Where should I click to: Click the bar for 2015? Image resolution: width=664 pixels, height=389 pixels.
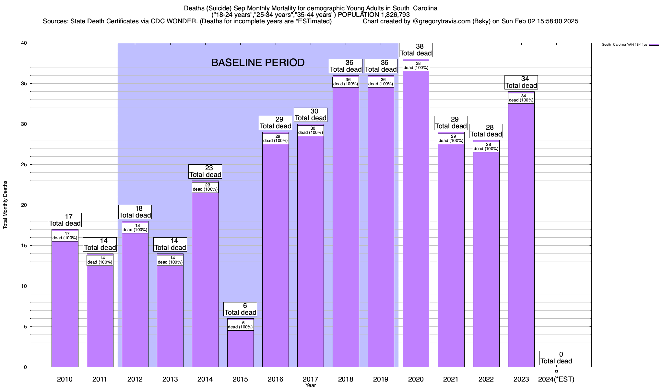(x=240, y=348)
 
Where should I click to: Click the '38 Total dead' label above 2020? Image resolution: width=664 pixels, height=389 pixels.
(x=416, y=50)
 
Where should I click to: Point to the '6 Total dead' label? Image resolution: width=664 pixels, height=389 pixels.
(x=240, y=309)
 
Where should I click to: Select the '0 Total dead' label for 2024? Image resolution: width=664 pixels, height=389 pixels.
(x=556, y=358)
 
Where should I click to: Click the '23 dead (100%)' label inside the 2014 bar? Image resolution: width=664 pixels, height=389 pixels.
(x=205, y=187)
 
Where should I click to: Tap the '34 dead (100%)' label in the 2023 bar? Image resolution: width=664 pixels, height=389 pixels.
(x=521, y=98)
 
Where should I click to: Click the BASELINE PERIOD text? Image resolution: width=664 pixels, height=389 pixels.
(x=258, y=63)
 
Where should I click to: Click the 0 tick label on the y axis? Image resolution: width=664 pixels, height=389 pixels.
(x=25, y=367)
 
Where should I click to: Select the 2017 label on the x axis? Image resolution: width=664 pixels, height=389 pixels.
(x=311, y=379)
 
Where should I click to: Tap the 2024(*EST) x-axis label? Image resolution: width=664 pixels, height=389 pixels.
(x=556, y=379)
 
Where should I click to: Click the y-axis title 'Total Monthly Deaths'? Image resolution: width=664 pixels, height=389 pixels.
(x=5, y=205)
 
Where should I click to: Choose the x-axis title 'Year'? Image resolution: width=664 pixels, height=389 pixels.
(x=310, y=385)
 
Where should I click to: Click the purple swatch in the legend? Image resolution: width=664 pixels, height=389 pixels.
(x=654, y=45)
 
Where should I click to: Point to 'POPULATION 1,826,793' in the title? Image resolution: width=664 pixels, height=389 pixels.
(x=374, y=15)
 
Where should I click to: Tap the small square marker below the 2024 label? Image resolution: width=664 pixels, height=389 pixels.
(x=556, y=371)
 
